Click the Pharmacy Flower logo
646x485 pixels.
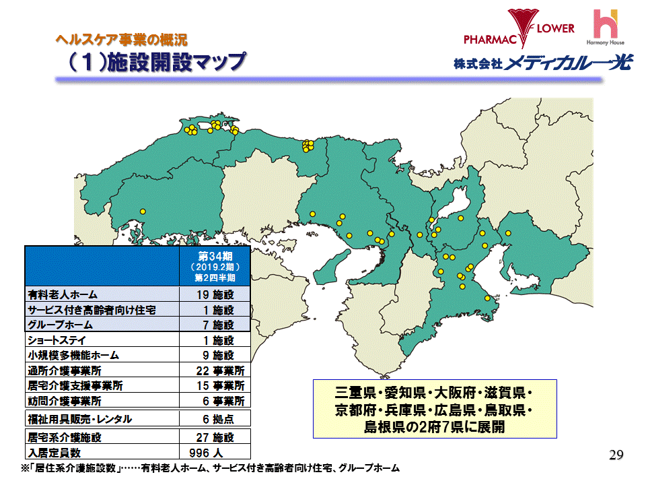[x=519, y=30]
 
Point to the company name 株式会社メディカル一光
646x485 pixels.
[x=542, y=64]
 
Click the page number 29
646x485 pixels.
[x=616, y=453]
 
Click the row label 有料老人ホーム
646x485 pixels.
[x=63, y=295]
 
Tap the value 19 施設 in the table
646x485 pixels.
[x=215, y=295]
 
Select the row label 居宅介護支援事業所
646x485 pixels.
[x=75, y=386]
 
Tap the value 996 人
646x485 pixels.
[x=210, y=452]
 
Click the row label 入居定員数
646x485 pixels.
[x=55, y=452]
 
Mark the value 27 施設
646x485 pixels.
[x=215, y=437]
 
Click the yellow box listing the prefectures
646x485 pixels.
[x=433, y=409]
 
